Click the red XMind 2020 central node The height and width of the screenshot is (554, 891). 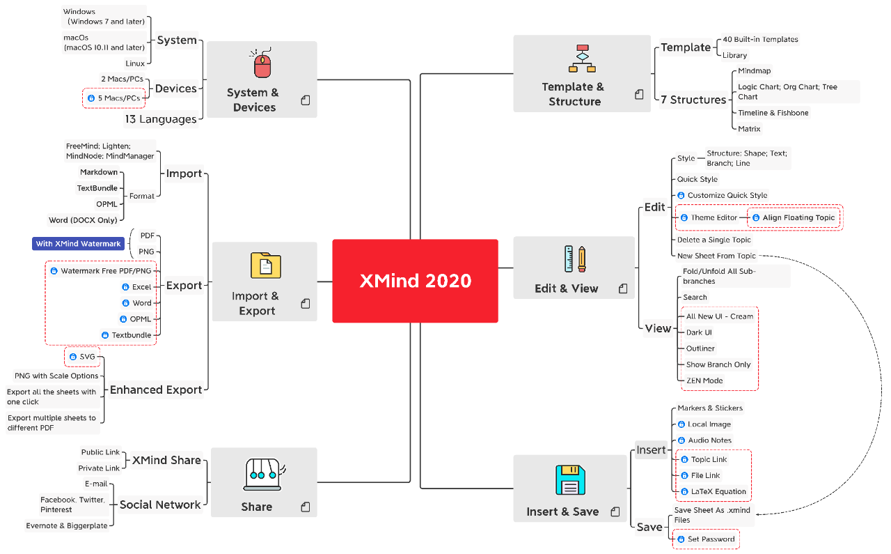coord(415,281)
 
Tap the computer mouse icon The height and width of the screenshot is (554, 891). coord(262,64)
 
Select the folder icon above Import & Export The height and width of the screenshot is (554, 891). coord(265,266)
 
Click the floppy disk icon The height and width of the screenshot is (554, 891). coord(569,480)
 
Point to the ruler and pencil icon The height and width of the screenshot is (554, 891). coord(574,259)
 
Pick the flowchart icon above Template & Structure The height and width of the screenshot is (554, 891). coord(582,59)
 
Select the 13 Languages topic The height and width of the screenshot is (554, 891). coord(161,119)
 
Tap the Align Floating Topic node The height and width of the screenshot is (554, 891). coord(798,217)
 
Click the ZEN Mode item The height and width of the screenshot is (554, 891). coord(704,380)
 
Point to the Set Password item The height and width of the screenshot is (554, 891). coord(711,539)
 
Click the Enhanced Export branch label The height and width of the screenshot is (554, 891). coord(156,390)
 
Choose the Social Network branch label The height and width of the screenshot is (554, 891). coord(160,505)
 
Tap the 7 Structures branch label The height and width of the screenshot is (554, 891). coord(693,100)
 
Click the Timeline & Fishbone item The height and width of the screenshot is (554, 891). coord(773,113)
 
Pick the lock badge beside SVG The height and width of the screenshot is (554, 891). coord(73,357)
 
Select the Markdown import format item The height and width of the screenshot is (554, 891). coord(99,172)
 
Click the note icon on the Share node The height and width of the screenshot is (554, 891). coord(305,507)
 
